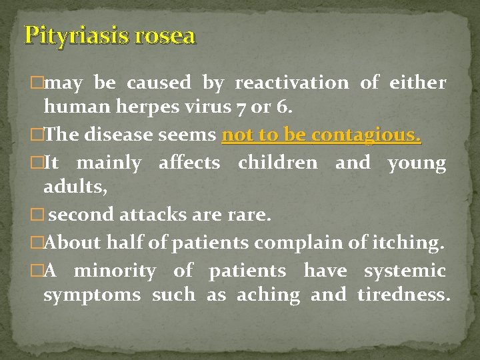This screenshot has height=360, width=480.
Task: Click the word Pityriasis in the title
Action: click(x=76, y=35)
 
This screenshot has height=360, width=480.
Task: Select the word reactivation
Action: click(x=291, y=83)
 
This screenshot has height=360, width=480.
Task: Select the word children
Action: click(x=278, y=163)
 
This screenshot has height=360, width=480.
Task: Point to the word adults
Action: click(x=73, y=187)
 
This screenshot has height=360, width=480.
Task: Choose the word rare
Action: click(x=249, y=215)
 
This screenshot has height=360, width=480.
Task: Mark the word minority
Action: click(x=115, y=271)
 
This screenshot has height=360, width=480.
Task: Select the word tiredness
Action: click(x=403, y=295)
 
